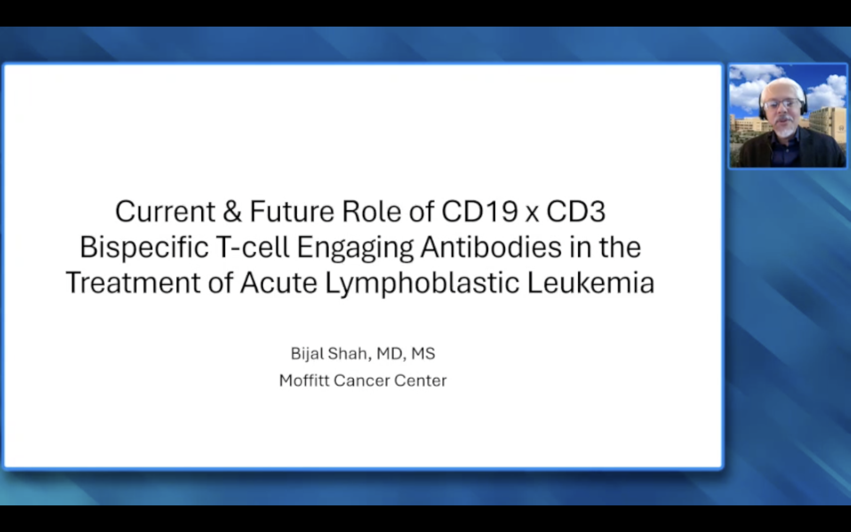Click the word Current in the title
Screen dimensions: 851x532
click(165, 211)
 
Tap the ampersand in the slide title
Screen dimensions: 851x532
click(233, 211)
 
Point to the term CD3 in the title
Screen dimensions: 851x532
click(576, 211)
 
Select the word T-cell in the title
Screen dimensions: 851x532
click(252, 247)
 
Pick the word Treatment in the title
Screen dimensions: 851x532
click(133, 283)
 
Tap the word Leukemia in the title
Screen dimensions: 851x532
click(591, 283)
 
